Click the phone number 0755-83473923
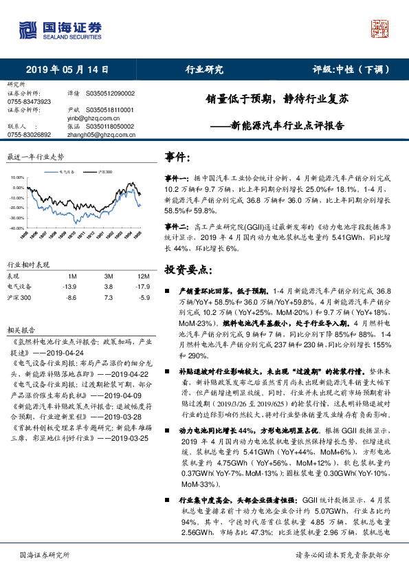(29, 102)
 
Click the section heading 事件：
(178, 157)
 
